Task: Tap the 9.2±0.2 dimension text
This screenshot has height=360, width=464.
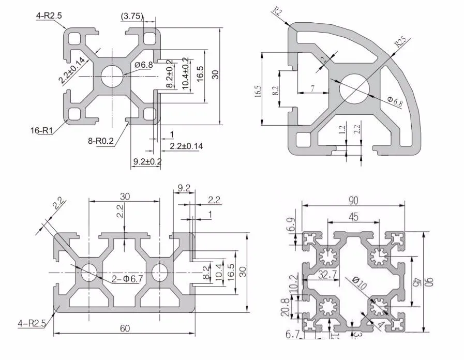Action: pyautogui.click(x=147, y=161)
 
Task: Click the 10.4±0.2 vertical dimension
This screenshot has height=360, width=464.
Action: pyautogui.click(x=186, y=74)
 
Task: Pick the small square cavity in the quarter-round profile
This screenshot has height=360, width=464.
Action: pyautogui.click(x=303, y=140)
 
